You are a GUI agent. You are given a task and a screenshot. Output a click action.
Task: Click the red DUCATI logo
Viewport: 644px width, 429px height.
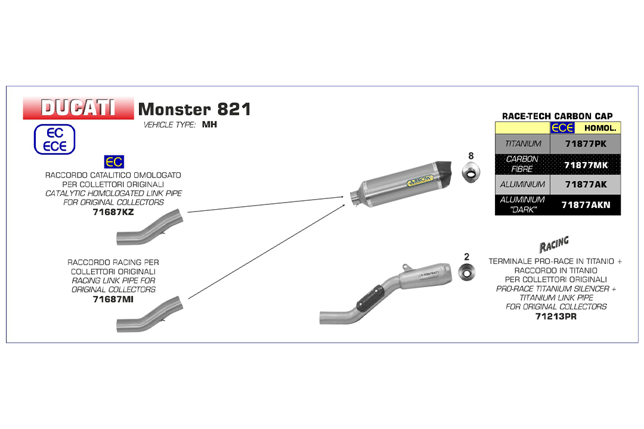click(78, 108)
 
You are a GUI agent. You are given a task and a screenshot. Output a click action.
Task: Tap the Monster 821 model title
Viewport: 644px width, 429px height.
click(194, 109)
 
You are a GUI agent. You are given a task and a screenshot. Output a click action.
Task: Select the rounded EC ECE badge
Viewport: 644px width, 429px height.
click(55, 139)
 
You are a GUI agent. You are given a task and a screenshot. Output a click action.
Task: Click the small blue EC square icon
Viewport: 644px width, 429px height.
click(114, 161)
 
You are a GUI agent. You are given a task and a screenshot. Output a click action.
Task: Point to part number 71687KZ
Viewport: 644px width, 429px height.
click(113, 212)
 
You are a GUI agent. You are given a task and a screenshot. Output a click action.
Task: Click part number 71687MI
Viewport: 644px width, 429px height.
click(113, 299)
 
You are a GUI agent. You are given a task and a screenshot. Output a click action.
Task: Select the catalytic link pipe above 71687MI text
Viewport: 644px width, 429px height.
click(150, 227)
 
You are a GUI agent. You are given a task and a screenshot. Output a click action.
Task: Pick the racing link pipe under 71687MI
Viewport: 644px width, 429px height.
click(150, 314)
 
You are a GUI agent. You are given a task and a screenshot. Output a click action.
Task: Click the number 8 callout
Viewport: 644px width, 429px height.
click(470, 156)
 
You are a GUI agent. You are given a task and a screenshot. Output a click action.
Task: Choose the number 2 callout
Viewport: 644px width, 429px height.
click(466, 257)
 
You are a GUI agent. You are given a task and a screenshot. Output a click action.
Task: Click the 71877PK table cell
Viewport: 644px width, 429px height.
click(586, 144)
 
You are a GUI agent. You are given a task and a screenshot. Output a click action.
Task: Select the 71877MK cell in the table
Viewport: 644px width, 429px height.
click(586, 164)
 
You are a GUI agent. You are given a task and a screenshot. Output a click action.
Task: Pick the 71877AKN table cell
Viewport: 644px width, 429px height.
click(586, 204)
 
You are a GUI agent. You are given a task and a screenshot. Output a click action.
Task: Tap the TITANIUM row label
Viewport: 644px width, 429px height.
click(523, 144)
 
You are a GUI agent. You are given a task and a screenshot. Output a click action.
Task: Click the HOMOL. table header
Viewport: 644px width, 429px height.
click(600, 128)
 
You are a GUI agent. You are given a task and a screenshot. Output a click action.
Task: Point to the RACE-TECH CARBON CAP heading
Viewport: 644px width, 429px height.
click(558, 116)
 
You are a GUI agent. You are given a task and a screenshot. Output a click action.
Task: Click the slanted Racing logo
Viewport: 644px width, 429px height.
click(554, 244)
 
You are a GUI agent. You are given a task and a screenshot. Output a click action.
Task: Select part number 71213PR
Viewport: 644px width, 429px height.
click(556, 316)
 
